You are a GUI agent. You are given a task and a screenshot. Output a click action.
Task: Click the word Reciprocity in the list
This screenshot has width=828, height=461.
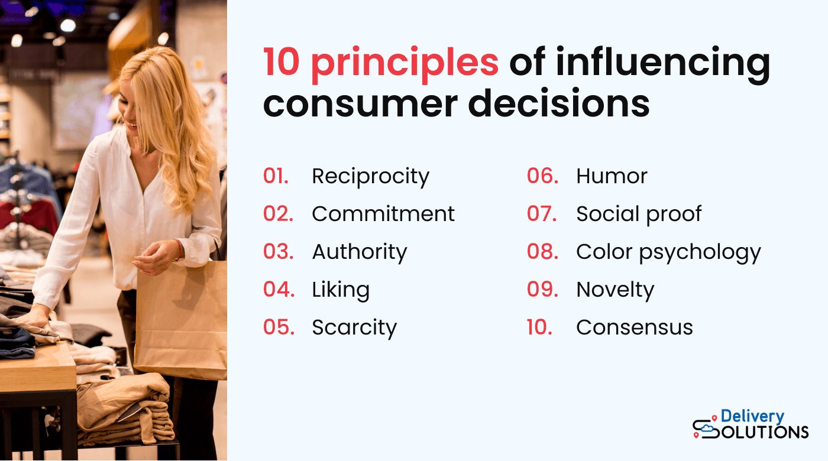click(x=370, y=177)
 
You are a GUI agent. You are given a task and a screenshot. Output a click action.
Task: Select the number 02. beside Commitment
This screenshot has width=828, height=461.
click(x=278, y=214)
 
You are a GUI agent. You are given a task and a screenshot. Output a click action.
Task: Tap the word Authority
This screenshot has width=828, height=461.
click(x=360, y=252)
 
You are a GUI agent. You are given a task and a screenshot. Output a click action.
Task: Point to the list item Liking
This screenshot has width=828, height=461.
click(x=341, y=290)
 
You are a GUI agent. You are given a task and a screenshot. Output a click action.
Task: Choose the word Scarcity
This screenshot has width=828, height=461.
click(x=354, y=327)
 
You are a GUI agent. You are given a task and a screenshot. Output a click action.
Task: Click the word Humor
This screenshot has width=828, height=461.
click(x=612, y=176)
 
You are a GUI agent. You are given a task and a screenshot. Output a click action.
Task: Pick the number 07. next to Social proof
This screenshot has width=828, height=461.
click(x=542, y=214)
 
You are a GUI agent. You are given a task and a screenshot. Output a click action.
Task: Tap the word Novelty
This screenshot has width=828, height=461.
click(x=615, y=290)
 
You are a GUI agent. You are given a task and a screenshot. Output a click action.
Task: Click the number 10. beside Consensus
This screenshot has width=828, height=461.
click(x=539, y=327)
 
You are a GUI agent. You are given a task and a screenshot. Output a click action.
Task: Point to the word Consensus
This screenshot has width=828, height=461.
click(x=634, y=327)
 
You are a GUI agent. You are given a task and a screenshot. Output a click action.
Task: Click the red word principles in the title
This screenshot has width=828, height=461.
click(x=405, y=63)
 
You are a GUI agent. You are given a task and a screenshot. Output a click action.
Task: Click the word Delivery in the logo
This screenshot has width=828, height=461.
click(x=752, y=417)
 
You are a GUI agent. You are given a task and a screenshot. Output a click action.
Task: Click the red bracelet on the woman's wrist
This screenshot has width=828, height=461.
click(x=178, y=250)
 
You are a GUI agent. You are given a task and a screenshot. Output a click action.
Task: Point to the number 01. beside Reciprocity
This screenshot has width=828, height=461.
click(x=276, y=176)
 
